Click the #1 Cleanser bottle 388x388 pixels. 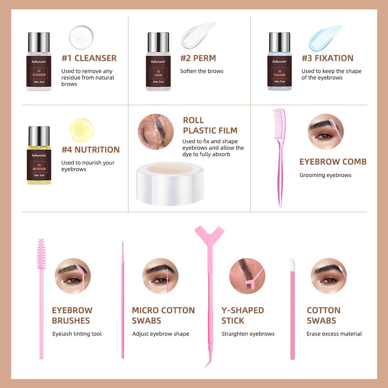click(x=39, y=61)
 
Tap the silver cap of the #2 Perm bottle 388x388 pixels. click(x=158, y=42)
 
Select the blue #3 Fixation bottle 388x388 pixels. click(x=280, y=61)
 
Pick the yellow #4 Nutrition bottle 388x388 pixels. click(x=39, y=155)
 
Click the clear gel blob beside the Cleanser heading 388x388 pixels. click(x=81, y=37)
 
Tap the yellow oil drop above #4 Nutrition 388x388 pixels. click(x=81, y=130)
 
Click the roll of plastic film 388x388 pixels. click(x=170, y=184)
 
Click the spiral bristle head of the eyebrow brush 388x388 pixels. click(x=42, y=254)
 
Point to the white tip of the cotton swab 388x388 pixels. click(x=292, y=265)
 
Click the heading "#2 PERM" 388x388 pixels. click(x=198, y=58)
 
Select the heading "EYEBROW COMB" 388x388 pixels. click(x=333, y=161)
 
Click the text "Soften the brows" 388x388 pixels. click(x=202, y=71)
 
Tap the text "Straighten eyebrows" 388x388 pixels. click(x=248, y=334)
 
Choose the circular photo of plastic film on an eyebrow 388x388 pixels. click(x=156, y=132)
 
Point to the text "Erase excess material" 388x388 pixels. click(x=334, y=334)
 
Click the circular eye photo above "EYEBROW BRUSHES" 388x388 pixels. click(x=73, y=276)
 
